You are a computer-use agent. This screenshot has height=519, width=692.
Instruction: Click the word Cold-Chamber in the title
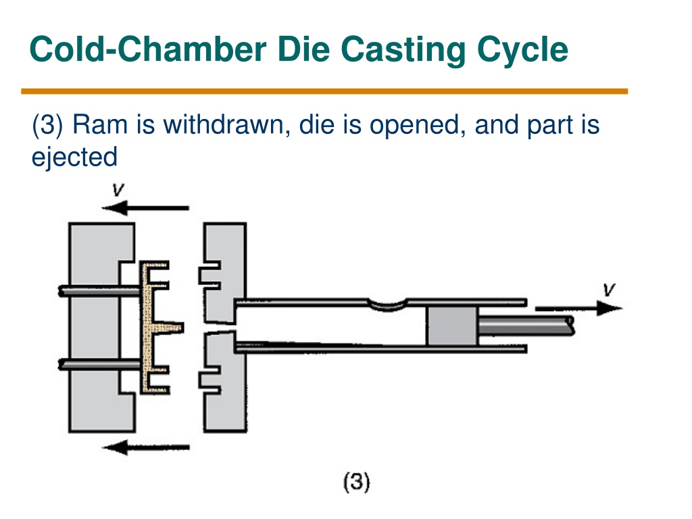coord(148,49)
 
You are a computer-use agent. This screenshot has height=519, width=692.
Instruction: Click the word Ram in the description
coord(100,124)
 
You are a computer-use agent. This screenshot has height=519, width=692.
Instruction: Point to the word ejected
coord(74,157)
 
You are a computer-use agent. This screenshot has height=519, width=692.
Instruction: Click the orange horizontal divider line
coord(324,91)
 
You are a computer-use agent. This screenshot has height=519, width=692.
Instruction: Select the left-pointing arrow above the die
coord(146,207)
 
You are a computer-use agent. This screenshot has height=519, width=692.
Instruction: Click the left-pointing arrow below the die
coord(146,447)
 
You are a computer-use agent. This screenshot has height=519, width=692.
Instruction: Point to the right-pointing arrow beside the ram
coord(579,308)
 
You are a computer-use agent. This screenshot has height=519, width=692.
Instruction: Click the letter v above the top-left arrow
coord(118,190)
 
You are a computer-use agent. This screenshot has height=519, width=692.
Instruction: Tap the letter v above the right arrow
coord(609,289)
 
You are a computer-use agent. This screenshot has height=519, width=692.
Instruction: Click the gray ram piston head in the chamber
coord(452,326)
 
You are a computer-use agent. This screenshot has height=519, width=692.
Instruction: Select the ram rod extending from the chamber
coord(526,326)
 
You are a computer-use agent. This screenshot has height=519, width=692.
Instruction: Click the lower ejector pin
coord(100,364)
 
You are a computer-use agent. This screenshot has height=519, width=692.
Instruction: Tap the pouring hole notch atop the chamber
coord(387,305)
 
